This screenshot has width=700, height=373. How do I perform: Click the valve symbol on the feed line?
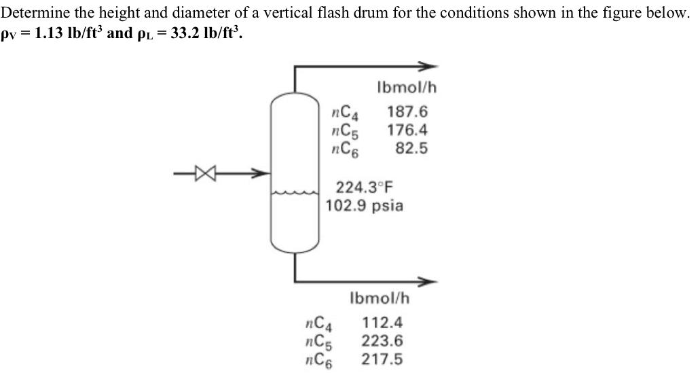click(200, 174)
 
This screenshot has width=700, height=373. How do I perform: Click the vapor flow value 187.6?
click(407, 112)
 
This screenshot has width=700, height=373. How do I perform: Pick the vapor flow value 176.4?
click(407, 130)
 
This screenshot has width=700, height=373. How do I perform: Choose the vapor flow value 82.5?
click(412, 147)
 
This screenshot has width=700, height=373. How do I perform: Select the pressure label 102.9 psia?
click(365, 205)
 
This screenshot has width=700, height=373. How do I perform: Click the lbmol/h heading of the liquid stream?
click(380, 298)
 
